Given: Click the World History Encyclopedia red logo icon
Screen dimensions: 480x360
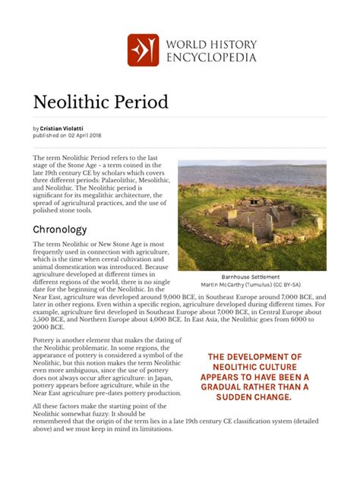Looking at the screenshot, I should point(143,49).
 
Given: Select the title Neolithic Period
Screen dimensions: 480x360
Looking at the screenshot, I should point(100,101).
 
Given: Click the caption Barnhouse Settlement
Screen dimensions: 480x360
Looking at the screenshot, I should point(251,277).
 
